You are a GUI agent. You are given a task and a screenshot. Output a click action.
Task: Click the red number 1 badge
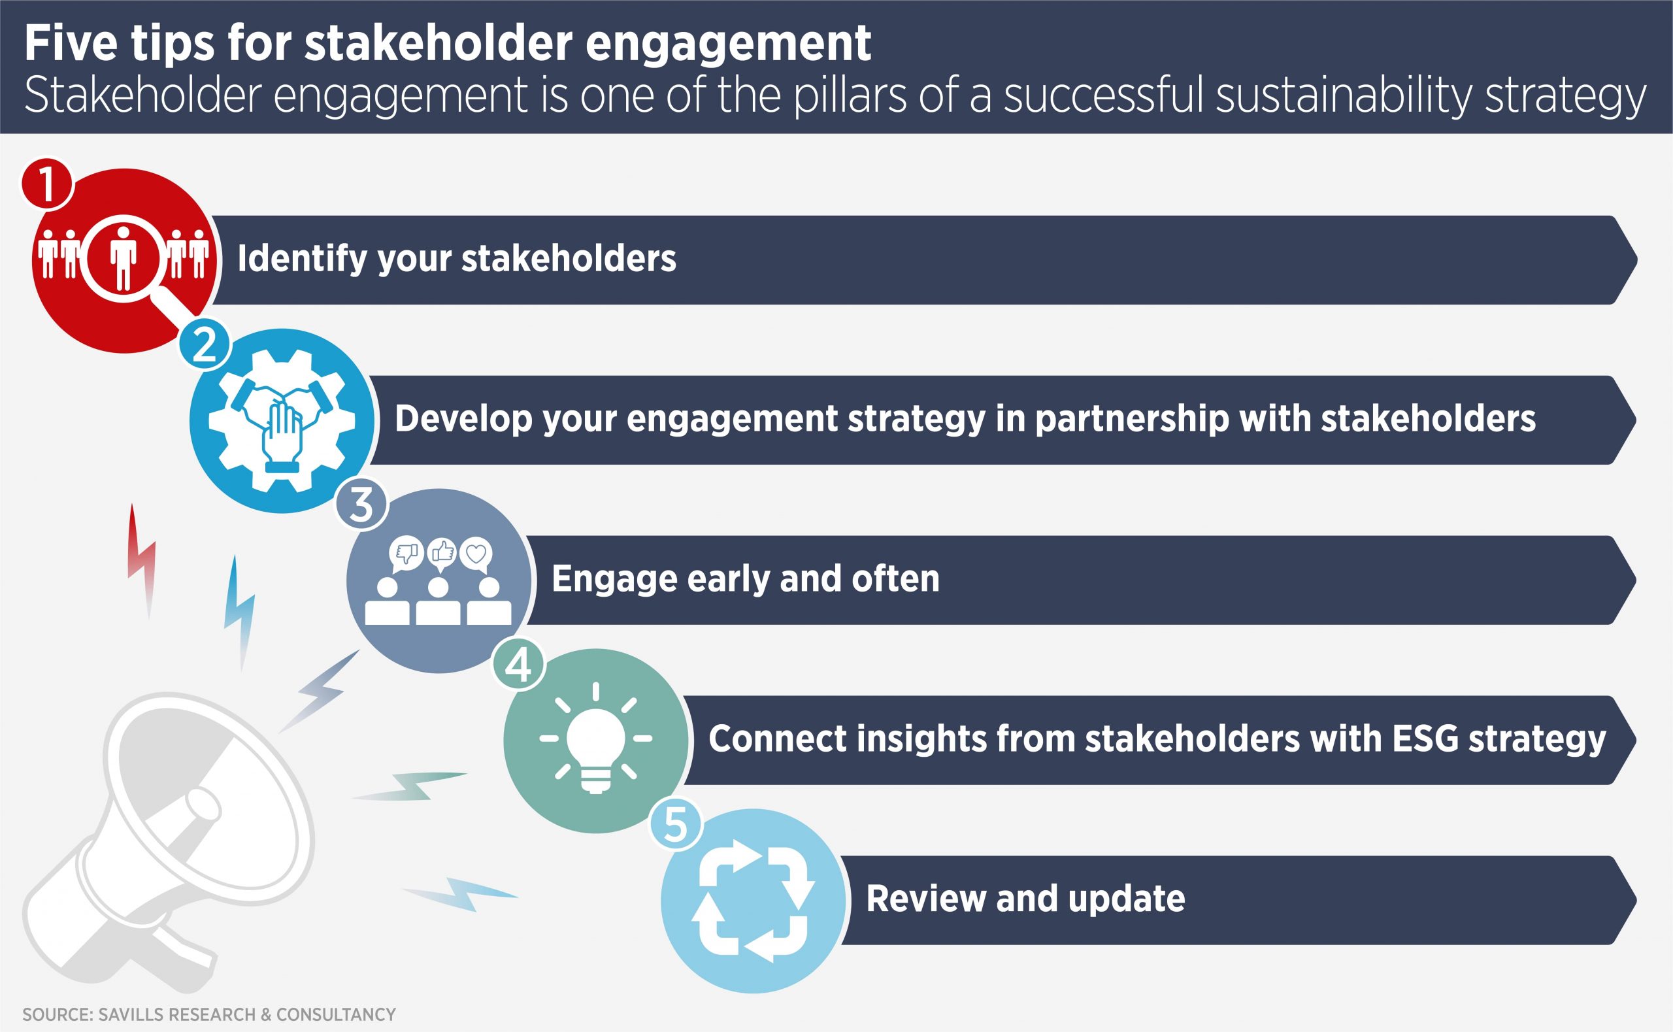(47, 184)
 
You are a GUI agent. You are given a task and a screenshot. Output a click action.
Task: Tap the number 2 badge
(205, 344)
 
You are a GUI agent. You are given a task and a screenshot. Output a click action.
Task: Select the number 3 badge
(361, 504)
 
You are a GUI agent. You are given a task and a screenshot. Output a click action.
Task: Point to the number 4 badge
(518, 664)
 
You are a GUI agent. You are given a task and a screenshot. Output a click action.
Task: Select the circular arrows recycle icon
(753, 900)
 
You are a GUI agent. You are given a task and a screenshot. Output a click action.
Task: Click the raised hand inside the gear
(280, 437)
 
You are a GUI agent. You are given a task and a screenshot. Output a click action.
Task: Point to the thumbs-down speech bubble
(406, 554)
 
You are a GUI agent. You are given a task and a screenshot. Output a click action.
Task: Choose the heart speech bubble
(476, 554)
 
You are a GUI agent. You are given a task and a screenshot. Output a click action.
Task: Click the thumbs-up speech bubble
(442, 554)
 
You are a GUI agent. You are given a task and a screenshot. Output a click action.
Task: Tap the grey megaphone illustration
(167, 840)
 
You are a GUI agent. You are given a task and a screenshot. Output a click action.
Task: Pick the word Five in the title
(71, 43)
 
